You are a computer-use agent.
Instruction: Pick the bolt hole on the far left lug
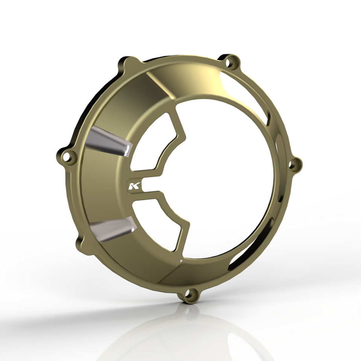pos(68,156)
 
